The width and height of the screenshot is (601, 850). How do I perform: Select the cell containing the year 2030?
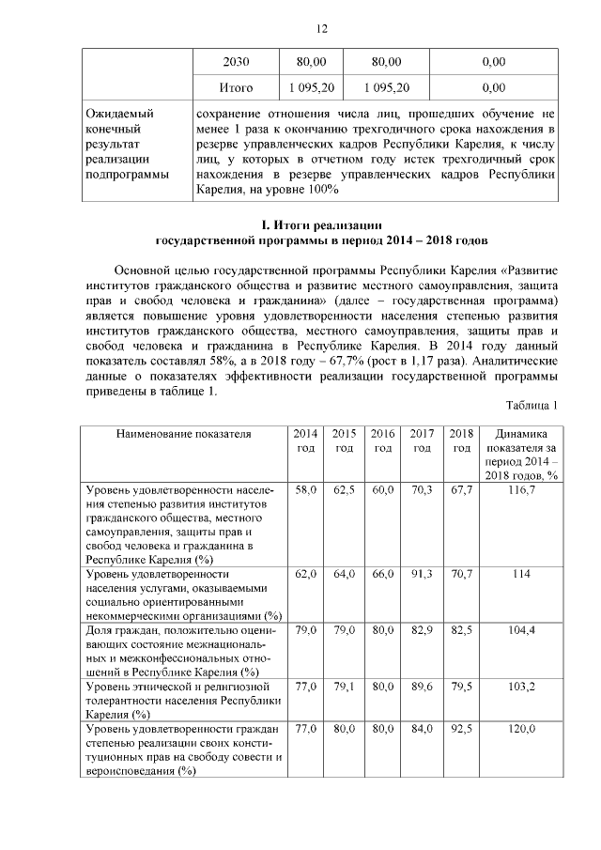pyautogui.click(x=236, y=62)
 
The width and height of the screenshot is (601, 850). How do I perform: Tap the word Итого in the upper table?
pyautogui.click(x=236, y=88)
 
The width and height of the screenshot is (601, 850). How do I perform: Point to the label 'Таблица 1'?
pyautogui.click(x=532, y=405)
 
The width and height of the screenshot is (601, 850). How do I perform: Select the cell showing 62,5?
pyautogui.click(x=345, y=490)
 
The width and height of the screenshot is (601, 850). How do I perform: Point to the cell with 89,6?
pyautogui.click(x=422, y=688)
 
